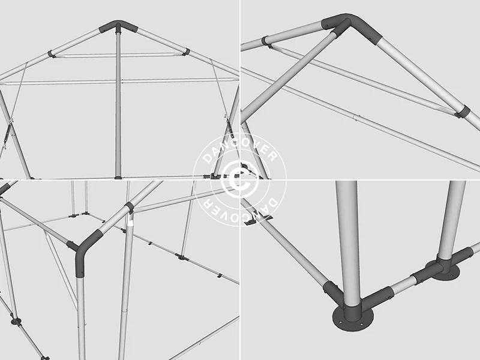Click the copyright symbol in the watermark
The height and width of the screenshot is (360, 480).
tap(240, 179)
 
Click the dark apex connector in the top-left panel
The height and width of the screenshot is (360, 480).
tap(118, 26)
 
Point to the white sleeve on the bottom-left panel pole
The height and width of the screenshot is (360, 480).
tap(131, 223)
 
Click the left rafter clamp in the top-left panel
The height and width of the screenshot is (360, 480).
tap(52, 54)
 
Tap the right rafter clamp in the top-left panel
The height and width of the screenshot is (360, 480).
tap(186, 52)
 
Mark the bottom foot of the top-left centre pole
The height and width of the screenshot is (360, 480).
tap(118, 177)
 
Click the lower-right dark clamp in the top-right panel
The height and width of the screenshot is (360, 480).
tap(463, 112)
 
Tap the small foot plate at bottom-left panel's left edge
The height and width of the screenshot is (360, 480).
tap(16, 322)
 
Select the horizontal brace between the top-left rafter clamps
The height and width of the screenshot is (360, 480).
tap(119, 55)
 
